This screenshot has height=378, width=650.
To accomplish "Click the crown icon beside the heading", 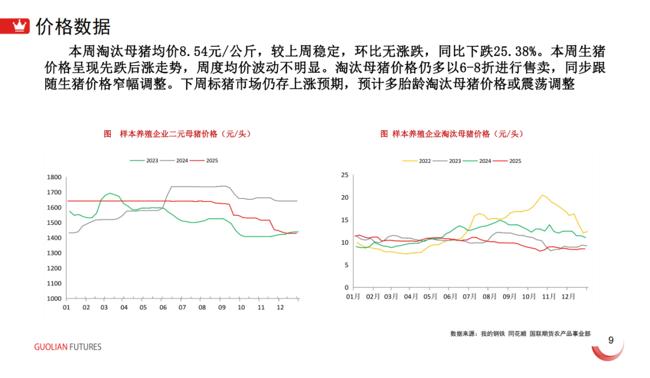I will (21, 26).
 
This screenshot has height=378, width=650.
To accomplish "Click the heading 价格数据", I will (73, 27).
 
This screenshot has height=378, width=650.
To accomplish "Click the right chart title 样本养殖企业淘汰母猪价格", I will (450, 134).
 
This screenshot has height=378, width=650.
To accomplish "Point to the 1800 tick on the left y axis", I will (55, 177).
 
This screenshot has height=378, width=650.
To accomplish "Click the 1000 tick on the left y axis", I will (55, 298).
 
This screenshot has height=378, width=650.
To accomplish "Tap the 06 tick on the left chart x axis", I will (162, 307).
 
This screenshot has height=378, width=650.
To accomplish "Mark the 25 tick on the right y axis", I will (345, 175).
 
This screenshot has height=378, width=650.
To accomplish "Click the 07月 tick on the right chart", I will (468, 297).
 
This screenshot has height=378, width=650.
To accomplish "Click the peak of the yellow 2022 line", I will (542, 195).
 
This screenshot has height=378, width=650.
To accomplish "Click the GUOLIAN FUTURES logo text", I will (67, 347).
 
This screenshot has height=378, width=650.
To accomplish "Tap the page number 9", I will (610, 341).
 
